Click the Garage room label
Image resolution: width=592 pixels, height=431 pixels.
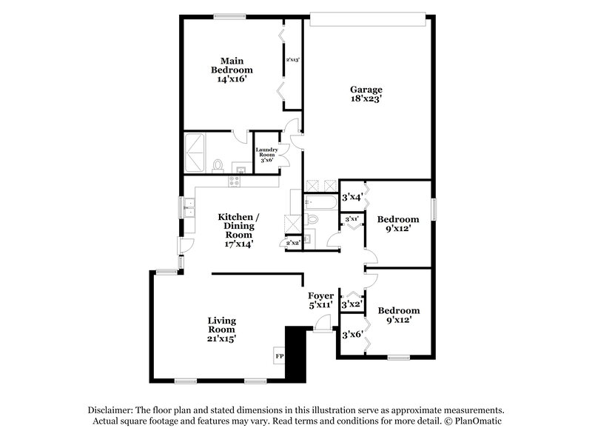point(366,90)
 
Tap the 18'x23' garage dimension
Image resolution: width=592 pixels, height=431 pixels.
point(366,98)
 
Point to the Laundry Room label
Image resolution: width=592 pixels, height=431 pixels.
point(266,154)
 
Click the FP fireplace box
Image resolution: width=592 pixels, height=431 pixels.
point(279,355)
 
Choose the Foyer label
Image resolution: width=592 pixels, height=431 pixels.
point(320,295)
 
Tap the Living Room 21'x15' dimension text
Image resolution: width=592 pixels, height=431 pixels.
point(221,338)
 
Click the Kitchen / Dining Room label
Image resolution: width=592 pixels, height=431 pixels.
point(235,226)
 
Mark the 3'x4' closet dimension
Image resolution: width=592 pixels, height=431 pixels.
point(352,197)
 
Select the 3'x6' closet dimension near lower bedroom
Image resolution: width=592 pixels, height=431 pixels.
point(352,335)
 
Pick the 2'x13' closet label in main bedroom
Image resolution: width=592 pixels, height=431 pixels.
point(292,59)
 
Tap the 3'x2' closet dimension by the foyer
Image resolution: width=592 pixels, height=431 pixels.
point(352,304)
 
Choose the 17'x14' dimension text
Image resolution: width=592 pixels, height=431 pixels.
point(235,244)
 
